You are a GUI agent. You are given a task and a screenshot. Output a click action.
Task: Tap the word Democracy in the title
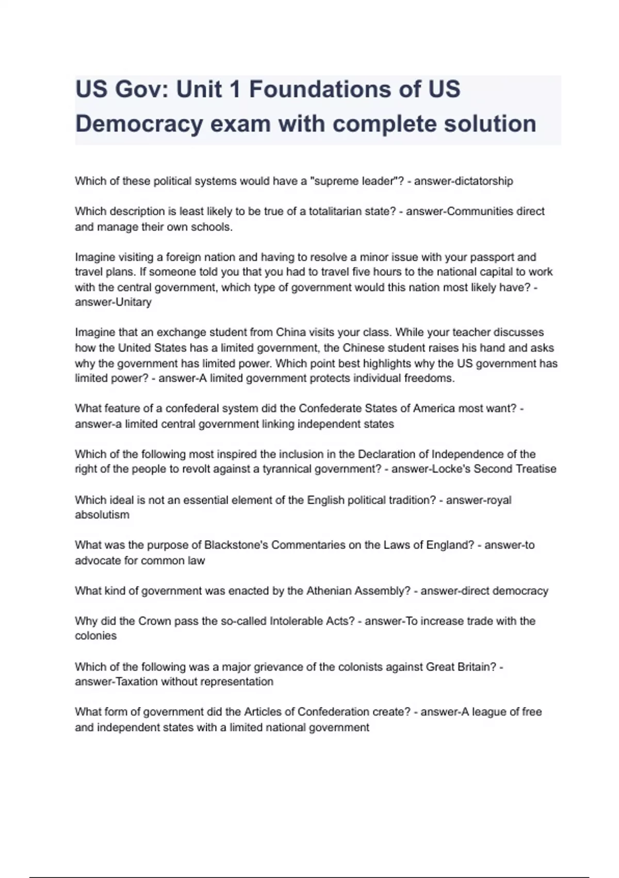[x=139, y=124]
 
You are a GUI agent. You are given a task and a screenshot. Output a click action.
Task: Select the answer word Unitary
[x=134, y=302]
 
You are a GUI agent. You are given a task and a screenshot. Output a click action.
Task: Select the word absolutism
[x=102, y=515]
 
